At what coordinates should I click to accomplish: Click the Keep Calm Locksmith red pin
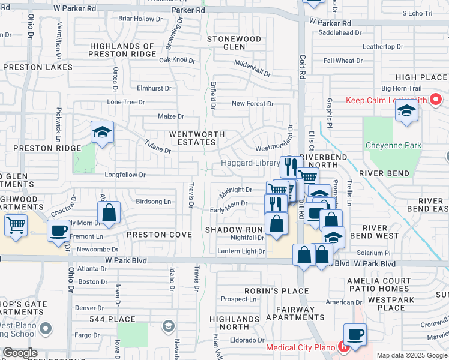click(x=436, y=99)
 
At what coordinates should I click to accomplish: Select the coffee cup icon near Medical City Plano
click(x=354, y=334)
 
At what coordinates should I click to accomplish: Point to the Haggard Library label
click(x=250, y=163)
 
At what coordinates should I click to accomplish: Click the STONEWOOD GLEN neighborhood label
click(x=234, y=43)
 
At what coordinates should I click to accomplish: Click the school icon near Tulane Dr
click(x=102, y=131)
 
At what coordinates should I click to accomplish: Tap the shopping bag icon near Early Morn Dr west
click(x=109, y=212)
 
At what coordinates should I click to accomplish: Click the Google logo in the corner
click(x=20, y=352)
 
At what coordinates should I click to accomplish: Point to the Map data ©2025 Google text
click(x=412, y=355)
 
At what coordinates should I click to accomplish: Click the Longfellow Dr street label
click(x=125, y=175)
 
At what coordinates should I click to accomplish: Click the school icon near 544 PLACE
click(x=169, y=326)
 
